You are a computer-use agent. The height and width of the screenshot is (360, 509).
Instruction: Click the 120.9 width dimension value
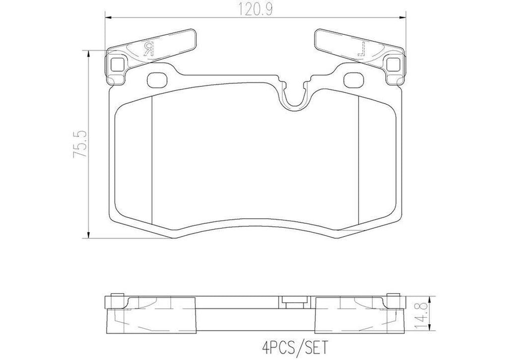click(x=254, y=8)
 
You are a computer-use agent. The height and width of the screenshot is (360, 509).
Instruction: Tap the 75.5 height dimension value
click(x=80, y=144)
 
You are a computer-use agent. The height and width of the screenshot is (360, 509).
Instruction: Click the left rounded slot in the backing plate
click(x=158, y=79)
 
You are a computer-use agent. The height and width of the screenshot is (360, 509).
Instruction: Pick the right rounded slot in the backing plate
click(x=353, y=79)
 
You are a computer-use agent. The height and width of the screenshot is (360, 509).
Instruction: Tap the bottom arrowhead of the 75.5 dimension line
click(x=88, y=237)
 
